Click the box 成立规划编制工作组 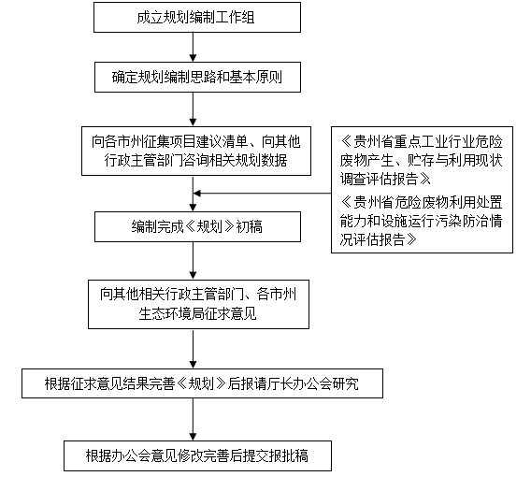197,17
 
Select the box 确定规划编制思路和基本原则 197,77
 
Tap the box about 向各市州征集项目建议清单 196,152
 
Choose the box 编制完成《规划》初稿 197,226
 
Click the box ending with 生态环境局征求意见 198,304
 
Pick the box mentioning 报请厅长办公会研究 202,383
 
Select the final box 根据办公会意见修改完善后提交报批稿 197,455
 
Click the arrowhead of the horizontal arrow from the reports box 197,194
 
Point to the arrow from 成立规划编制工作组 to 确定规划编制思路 193,47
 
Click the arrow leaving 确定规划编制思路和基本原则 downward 193,109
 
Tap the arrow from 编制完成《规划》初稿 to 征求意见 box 193,261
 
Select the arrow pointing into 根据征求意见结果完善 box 193,349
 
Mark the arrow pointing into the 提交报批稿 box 193,420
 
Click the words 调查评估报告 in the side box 379,179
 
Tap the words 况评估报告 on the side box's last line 372,239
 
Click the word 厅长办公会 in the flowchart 299,383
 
